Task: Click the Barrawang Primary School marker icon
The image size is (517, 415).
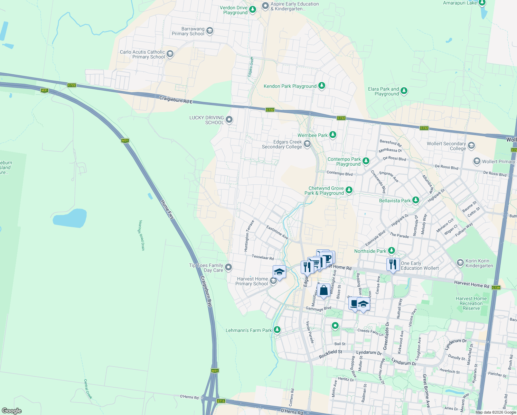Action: tap(209, 31)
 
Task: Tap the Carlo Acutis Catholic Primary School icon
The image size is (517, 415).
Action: tap(170, 54)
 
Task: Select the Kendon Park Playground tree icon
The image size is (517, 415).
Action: tap(322, 85)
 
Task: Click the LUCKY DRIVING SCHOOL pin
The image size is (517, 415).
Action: tap(229, 120)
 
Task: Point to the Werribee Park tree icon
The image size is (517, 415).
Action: tap(333, 135)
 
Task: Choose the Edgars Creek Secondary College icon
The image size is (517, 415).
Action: tap(307, 144)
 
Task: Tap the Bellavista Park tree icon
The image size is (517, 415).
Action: tap(416, 200)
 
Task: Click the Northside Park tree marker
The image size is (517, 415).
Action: tap(392, 251)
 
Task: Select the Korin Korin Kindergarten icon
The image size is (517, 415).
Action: tap(460, 263)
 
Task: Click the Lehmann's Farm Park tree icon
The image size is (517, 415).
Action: tap(277, 330)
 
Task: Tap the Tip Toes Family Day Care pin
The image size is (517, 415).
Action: tap(228, 267)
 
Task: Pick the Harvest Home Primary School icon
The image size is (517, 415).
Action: tap(273, 281)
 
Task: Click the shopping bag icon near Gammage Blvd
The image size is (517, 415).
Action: tap(324, 290)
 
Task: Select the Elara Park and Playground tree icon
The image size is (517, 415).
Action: tap(404, 91)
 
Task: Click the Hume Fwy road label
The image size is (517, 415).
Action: tap(167, 209)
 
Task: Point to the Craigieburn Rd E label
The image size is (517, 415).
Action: tap(176, 100)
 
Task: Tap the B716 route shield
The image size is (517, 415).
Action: tap(221, 401)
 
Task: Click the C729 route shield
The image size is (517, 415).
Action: tap(496, 288)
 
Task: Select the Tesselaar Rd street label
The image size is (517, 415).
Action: tap(263, 257)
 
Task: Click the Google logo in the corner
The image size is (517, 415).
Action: tap(11, 411)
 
